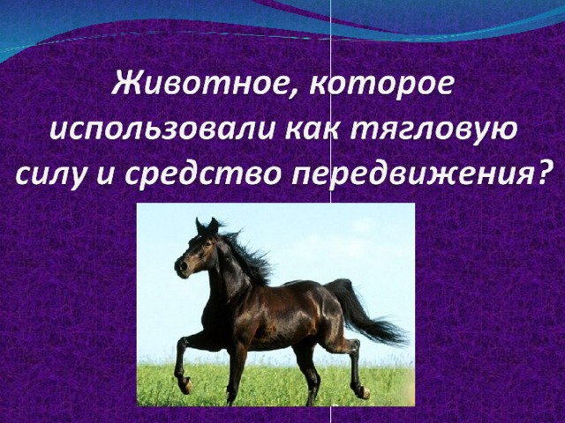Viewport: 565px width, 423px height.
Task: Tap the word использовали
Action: click(162, 130)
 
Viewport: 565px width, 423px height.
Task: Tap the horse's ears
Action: click(207, 226)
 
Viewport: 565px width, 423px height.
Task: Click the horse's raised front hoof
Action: click(186, 385)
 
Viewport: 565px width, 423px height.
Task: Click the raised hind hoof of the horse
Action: click(363, 392)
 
